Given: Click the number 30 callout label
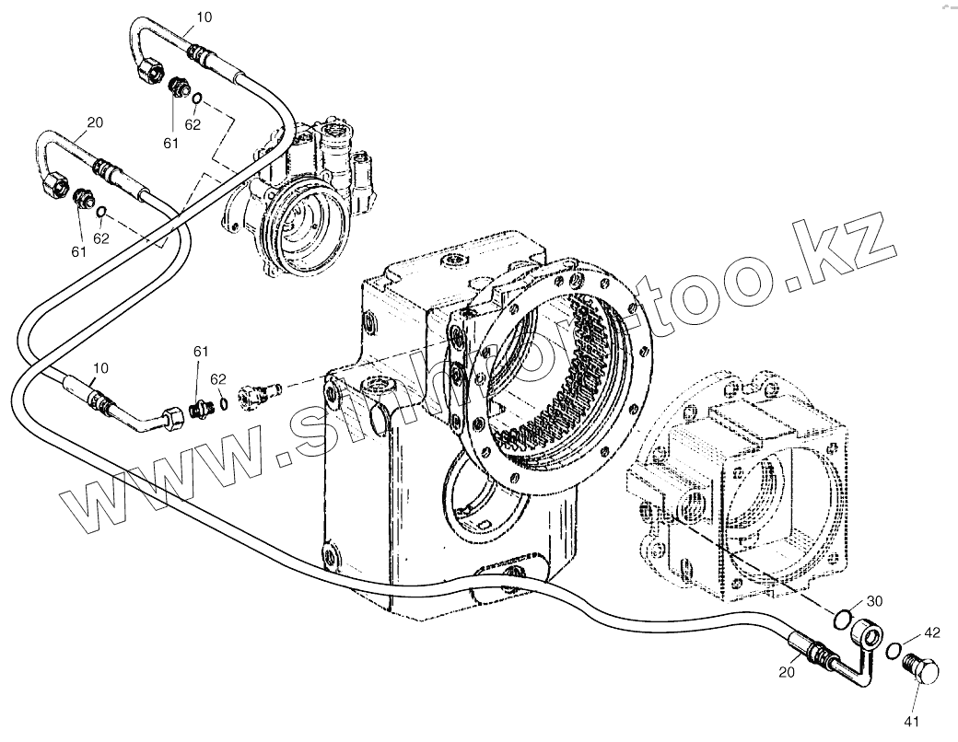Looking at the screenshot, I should coord(874,600).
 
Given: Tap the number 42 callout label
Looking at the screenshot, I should coord(932,633).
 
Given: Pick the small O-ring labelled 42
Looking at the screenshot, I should coord(894,652).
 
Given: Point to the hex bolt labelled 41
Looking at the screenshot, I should coord(923,669).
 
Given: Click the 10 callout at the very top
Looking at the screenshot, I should coord(204,17).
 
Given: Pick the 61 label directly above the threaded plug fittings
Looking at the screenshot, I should coord(201,352).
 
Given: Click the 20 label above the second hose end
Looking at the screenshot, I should coord(94,122).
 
